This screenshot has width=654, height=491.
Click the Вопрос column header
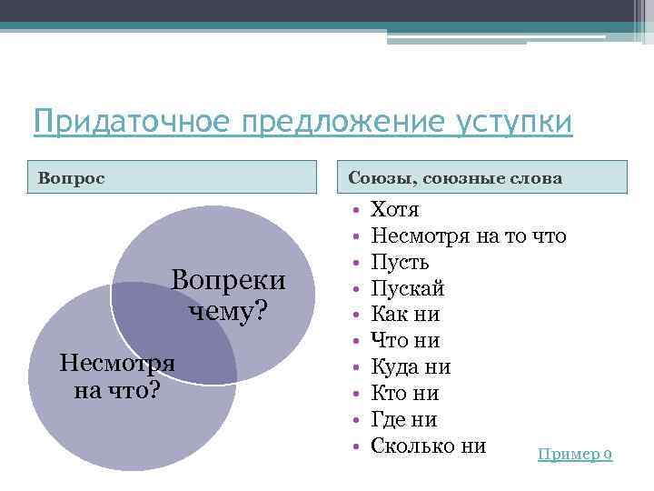[x=71, y=177]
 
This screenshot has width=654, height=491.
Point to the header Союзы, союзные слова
[x=455, y=177]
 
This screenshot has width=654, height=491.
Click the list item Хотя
[x=395, y=211]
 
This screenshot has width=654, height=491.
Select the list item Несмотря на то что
[x=469, y=237]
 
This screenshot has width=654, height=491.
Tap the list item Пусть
[x=401, y=264]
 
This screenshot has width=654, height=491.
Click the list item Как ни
[x=405, y=316]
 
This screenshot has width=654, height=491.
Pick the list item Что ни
[x=405, y=342]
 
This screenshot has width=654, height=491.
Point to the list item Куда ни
[x=411, y=367]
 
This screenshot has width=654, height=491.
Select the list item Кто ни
[x=405, y=394]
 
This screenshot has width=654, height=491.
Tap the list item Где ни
[x=404, y=420]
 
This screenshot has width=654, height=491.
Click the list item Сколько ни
[x=429, y=446]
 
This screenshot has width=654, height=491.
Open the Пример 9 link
[x=575, y=454]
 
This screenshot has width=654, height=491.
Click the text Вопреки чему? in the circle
[x=228, y=295]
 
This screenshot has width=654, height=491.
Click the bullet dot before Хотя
[x=356, y=211]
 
